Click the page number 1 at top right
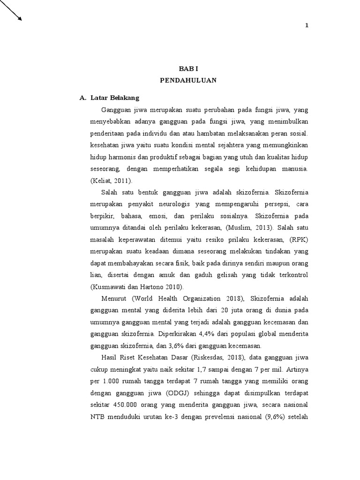[x=307, y=25]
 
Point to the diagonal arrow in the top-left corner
[x=11, y=10]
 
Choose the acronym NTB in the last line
[x=96, y=416]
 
